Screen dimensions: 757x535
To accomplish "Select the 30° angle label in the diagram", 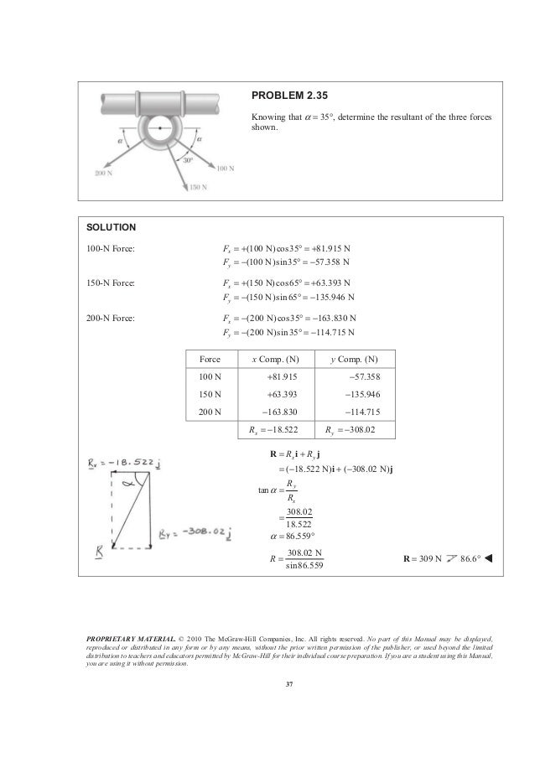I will (189, 159).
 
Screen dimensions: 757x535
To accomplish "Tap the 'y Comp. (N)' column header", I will (359, 359).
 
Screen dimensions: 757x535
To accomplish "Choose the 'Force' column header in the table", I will (210, 359).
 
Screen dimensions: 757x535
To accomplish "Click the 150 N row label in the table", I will (210, 393).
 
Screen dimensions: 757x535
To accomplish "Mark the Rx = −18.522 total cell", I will (278, 431).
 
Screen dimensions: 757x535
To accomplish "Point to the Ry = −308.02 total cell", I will (359, 431).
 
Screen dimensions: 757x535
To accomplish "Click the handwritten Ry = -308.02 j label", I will (195, 531).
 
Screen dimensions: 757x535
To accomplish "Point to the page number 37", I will (288, 688).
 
